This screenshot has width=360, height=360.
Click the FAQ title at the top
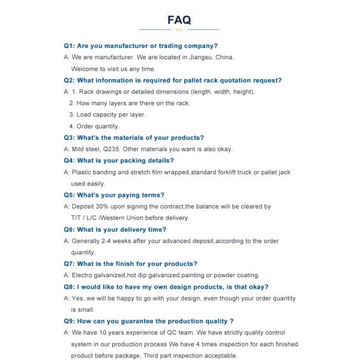(179, 20)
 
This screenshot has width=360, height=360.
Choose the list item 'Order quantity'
(98, 126)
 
